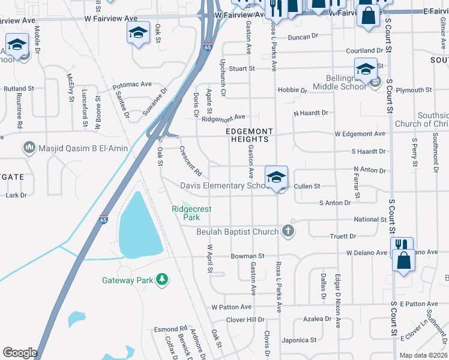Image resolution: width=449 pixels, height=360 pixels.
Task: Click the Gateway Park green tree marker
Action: pyautogui.click(x=161, y=279)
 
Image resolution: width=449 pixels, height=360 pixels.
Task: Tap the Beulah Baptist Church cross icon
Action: pyautogui.click(x=288, y=231)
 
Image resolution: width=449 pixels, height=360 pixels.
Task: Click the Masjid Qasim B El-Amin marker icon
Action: pyautogui.click(x=28, y=148)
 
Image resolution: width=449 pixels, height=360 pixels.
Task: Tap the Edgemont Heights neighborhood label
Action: pyautogui.click(x=249, y=135)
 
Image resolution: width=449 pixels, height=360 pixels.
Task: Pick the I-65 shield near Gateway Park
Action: pyautogui.click(x=103, y=220)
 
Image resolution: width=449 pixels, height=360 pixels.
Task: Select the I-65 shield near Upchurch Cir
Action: pyautogui.click(x=208, y=47)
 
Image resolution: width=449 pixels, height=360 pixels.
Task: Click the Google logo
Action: pyautogui.click(x=20, y=353)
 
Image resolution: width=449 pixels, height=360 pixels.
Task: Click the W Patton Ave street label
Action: pyautogui.click(x=232, y=307)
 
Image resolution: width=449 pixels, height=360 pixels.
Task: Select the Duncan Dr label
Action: pyautogui.click(x=303, y=37)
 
